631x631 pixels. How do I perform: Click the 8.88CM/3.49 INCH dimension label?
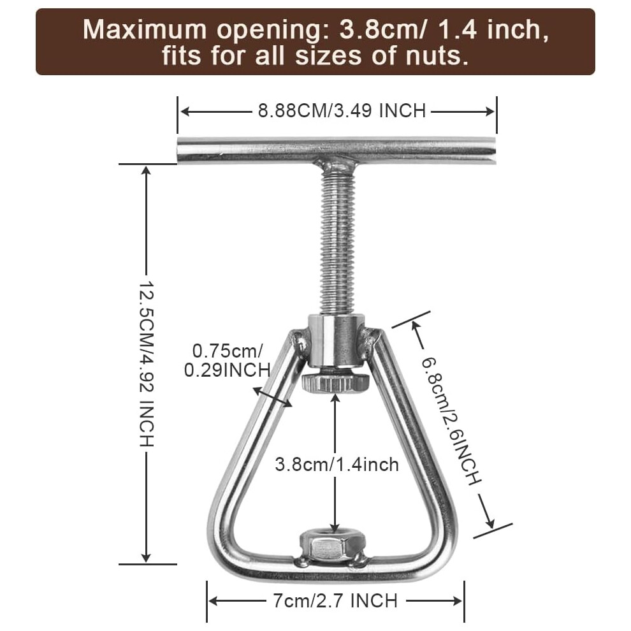(342, 111)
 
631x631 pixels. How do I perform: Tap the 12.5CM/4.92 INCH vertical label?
(146, 363)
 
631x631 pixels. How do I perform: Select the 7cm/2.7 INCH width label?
(335, 601)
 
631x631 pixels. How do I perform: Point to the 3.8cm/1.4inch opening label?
(337, 465)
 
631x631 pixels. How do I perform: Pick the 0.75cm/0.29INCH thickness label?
(227, 361)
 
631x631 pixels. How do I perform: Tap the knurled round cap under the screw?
(335, 382)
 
